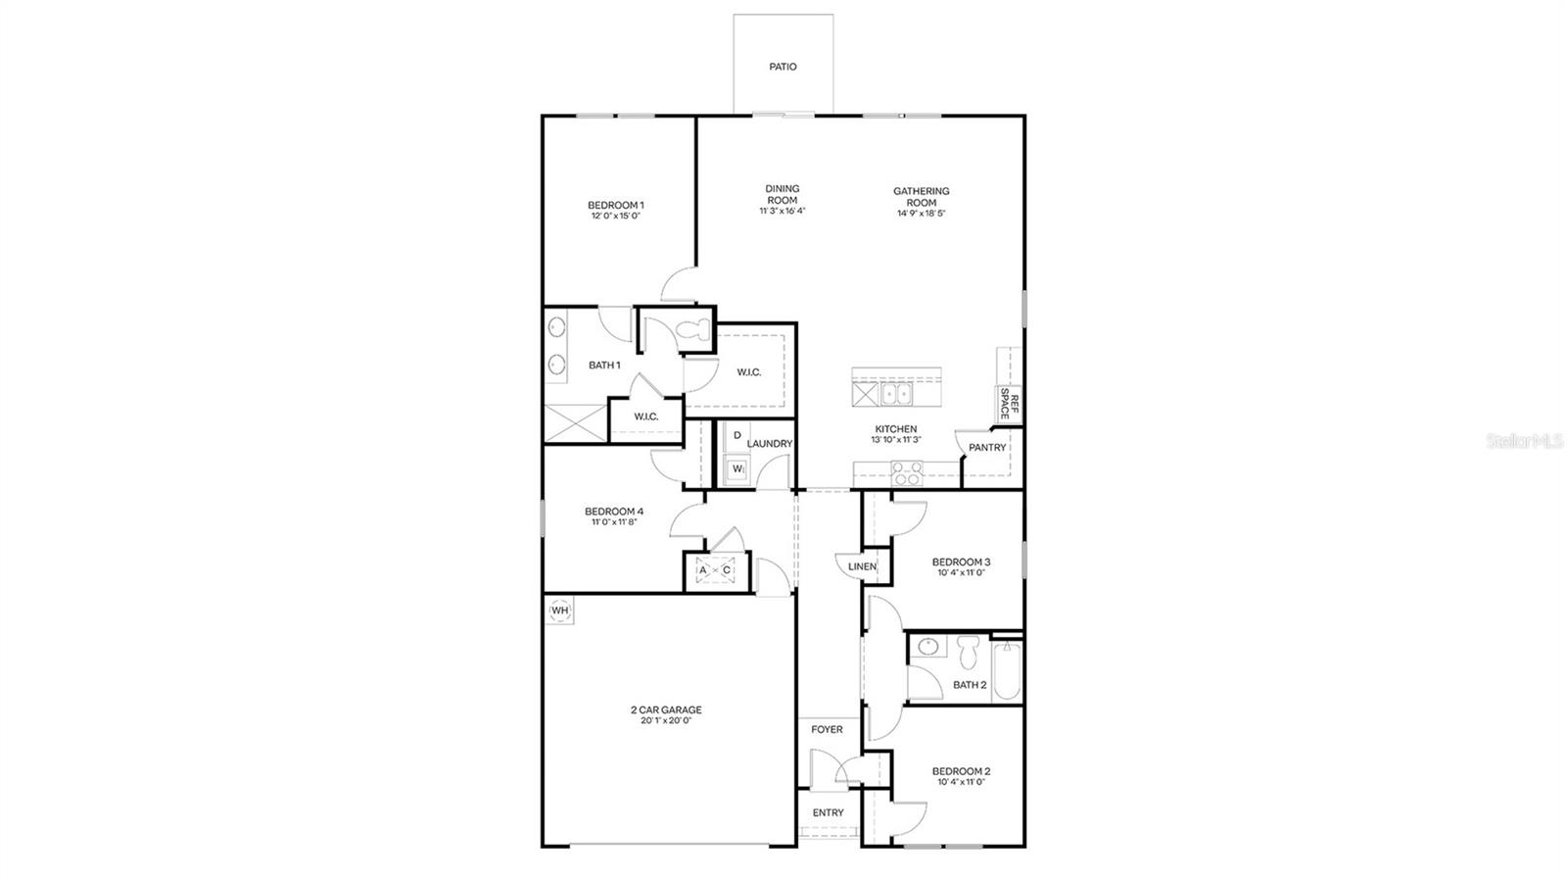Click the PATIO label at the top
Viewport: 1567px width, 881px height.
click(x=783, y=67)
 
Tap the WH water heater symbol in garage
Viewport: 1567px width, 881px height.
click(x=559, y=611)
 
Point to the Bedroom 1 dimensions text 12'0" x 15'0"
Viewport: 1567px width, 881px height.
click(x=615, y=217)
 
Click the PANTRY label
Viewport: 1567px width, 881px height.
click(x=987, y=448)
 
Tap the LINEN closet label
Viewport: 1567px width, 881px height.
click(x=862, y=566)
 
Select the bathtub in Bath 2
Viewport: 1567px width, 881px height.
click(x=1007, y=670)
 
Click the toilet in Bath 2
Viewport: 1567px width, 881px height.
click(x=970, y=650)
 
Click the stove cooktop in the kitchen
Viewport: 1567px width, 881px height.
click(x=906, y=476)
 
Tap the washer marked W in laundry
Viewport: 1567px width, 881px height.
click(x=736, y=470)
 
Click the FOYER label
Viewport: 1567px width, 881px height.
click(x=827, y=729)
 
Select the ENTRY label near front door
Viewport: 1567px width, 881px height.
click(x=828, y=812)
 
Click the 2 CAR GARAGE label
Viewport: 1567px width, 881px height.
click(x=666, y=710)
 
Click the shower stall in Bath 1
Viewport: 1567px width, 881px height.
click(x=573, y=423)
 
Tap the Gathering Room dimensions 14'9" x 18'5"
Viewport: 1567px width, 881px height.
click(x=921, y=214)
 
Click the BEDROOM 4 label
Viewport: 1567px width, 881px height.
click(x=614, y=511)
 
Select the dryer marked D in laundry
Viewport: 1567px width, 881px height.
click(x=736, y=435)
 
